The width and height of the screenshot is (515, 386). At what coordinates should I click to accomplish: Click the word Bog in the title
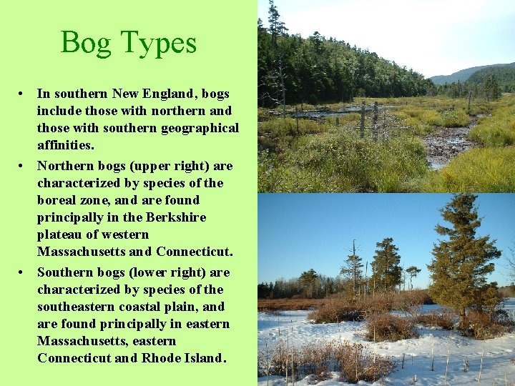point(85,44)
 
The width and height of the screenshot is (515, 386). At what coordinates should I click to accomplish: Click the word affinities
point(65,146)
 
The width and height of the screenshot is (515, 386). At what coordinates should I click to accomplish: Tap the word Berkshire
point(175,217)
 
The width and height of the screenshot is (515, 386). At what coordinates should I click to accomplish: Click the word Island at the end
point(204,359)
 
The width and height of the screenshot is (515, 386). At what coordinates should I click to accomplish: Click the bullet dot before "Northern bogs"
point(24,166)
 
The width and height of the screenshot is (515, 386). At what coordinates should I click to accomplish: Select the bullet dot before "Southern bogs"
point(24,272)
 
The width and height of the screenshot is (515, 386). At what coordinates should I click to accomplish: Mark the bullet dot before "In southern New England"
point(24,93)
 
